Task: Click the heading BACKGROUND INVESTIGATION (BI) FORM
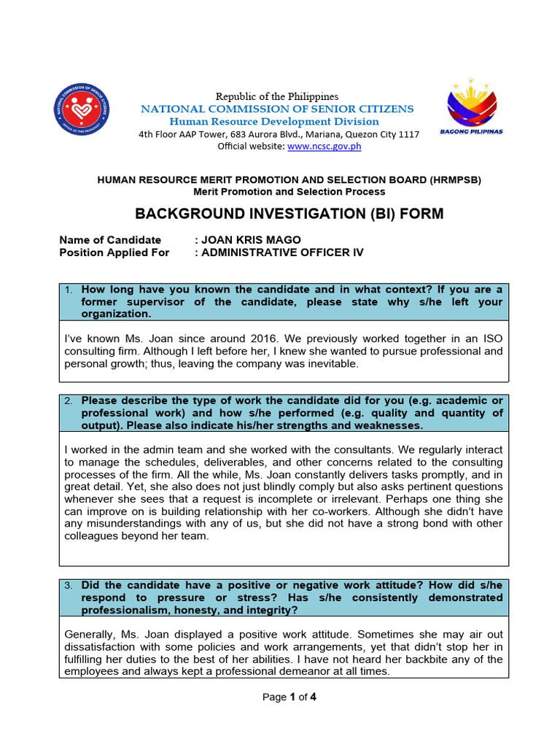289,214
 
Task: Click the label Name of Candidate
109,240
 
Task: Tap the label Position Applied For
114,252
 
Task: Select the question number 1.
68,290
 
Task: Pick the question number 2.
68,401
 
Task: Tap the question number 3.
68,586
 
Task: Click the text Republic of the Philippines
276,96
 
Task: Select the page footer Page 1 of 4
289,697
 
